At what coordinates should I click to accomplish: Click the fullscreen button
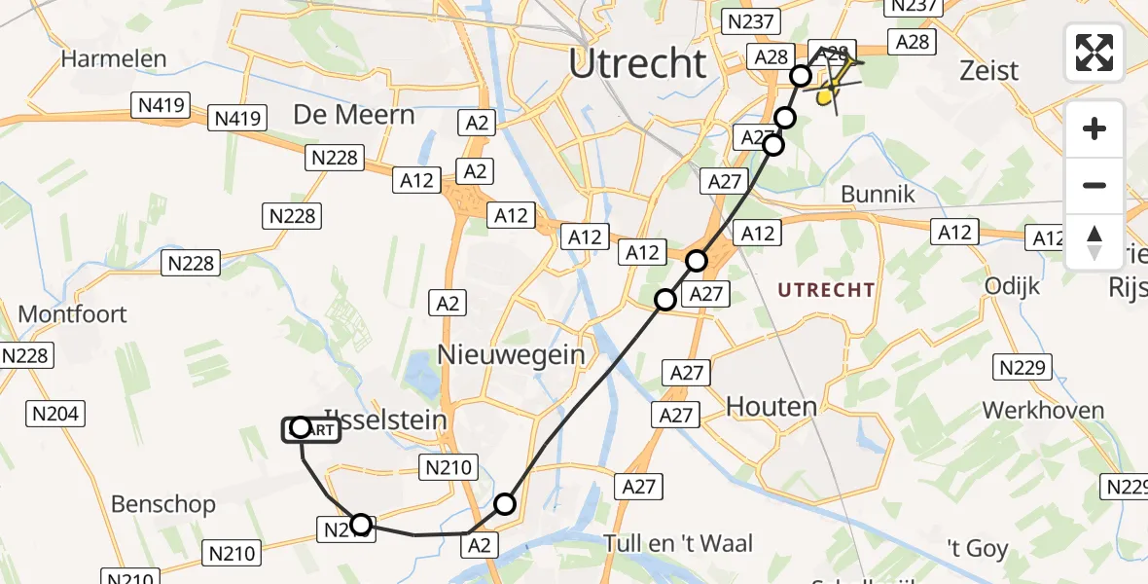tap(1094, 52)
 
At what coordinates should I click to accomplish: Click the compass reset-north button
tap(1094, 242)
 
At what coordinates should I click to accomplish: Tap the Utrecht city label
tap(637, 64)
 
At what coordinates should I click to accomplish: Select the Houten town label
tap(771, 406)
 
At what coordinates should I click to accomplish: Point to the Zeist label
tap(988, 70)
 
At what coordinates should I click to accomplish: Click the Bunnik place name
tap(878, 194)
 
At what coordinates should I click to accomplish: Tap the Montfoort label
tap(73, 314)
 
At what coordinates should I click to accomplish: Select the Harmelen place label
tap(114, 58)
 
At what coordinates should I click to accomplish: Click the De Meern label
tap(354, 115)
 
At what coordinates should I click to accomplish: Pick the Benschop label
tap(163, 504)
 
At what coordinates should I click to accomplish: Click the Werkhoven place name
tap(1044, 410)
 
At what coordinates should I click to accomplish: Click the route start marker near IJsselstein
tap(301, 428)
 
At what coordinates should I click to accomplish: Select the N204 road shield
tap(54, 415)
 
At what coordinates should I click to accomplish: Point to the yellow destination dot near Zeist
tap(825, 96)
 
